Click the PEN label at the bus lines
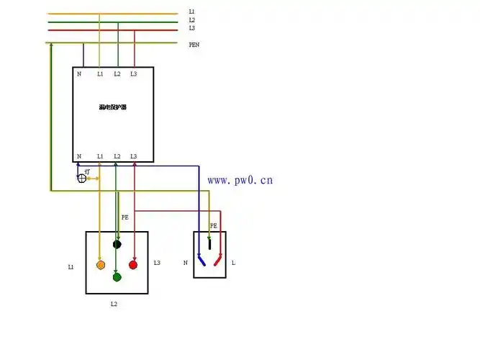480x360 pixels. point(194,45)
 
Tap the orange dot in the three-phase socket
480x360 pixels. point(101,265)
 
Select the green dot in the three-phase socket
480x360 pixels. point(117,277)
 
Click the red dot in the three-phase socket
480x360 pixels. point(133,265)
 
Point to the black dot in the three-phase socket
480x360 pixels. point(117,245)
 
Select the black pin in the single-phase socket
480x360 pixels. point(209,243)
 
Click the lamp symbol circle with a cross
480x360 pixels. point(81,177)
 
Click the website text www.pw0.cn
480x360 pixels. point(240,180)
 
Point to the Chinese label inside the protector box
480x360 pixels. point(113,107)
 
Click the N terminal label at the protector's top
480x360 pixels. point(79,74)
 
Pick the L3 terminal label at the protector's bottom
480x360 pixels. point(133,156)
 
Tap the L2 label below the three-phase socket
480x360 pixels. point(114,305)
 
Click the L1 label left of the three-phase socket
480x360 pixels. point(71,267)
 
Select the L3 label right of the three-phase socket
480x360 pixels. point(157,263)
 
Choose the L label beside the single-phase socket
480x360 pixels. point(233,264)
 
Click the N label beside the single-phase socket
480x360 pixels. point(185,264)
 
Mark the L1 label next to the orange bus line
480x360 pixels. point(191,12)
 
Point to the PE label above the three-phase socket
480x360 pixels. point(124,217)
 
